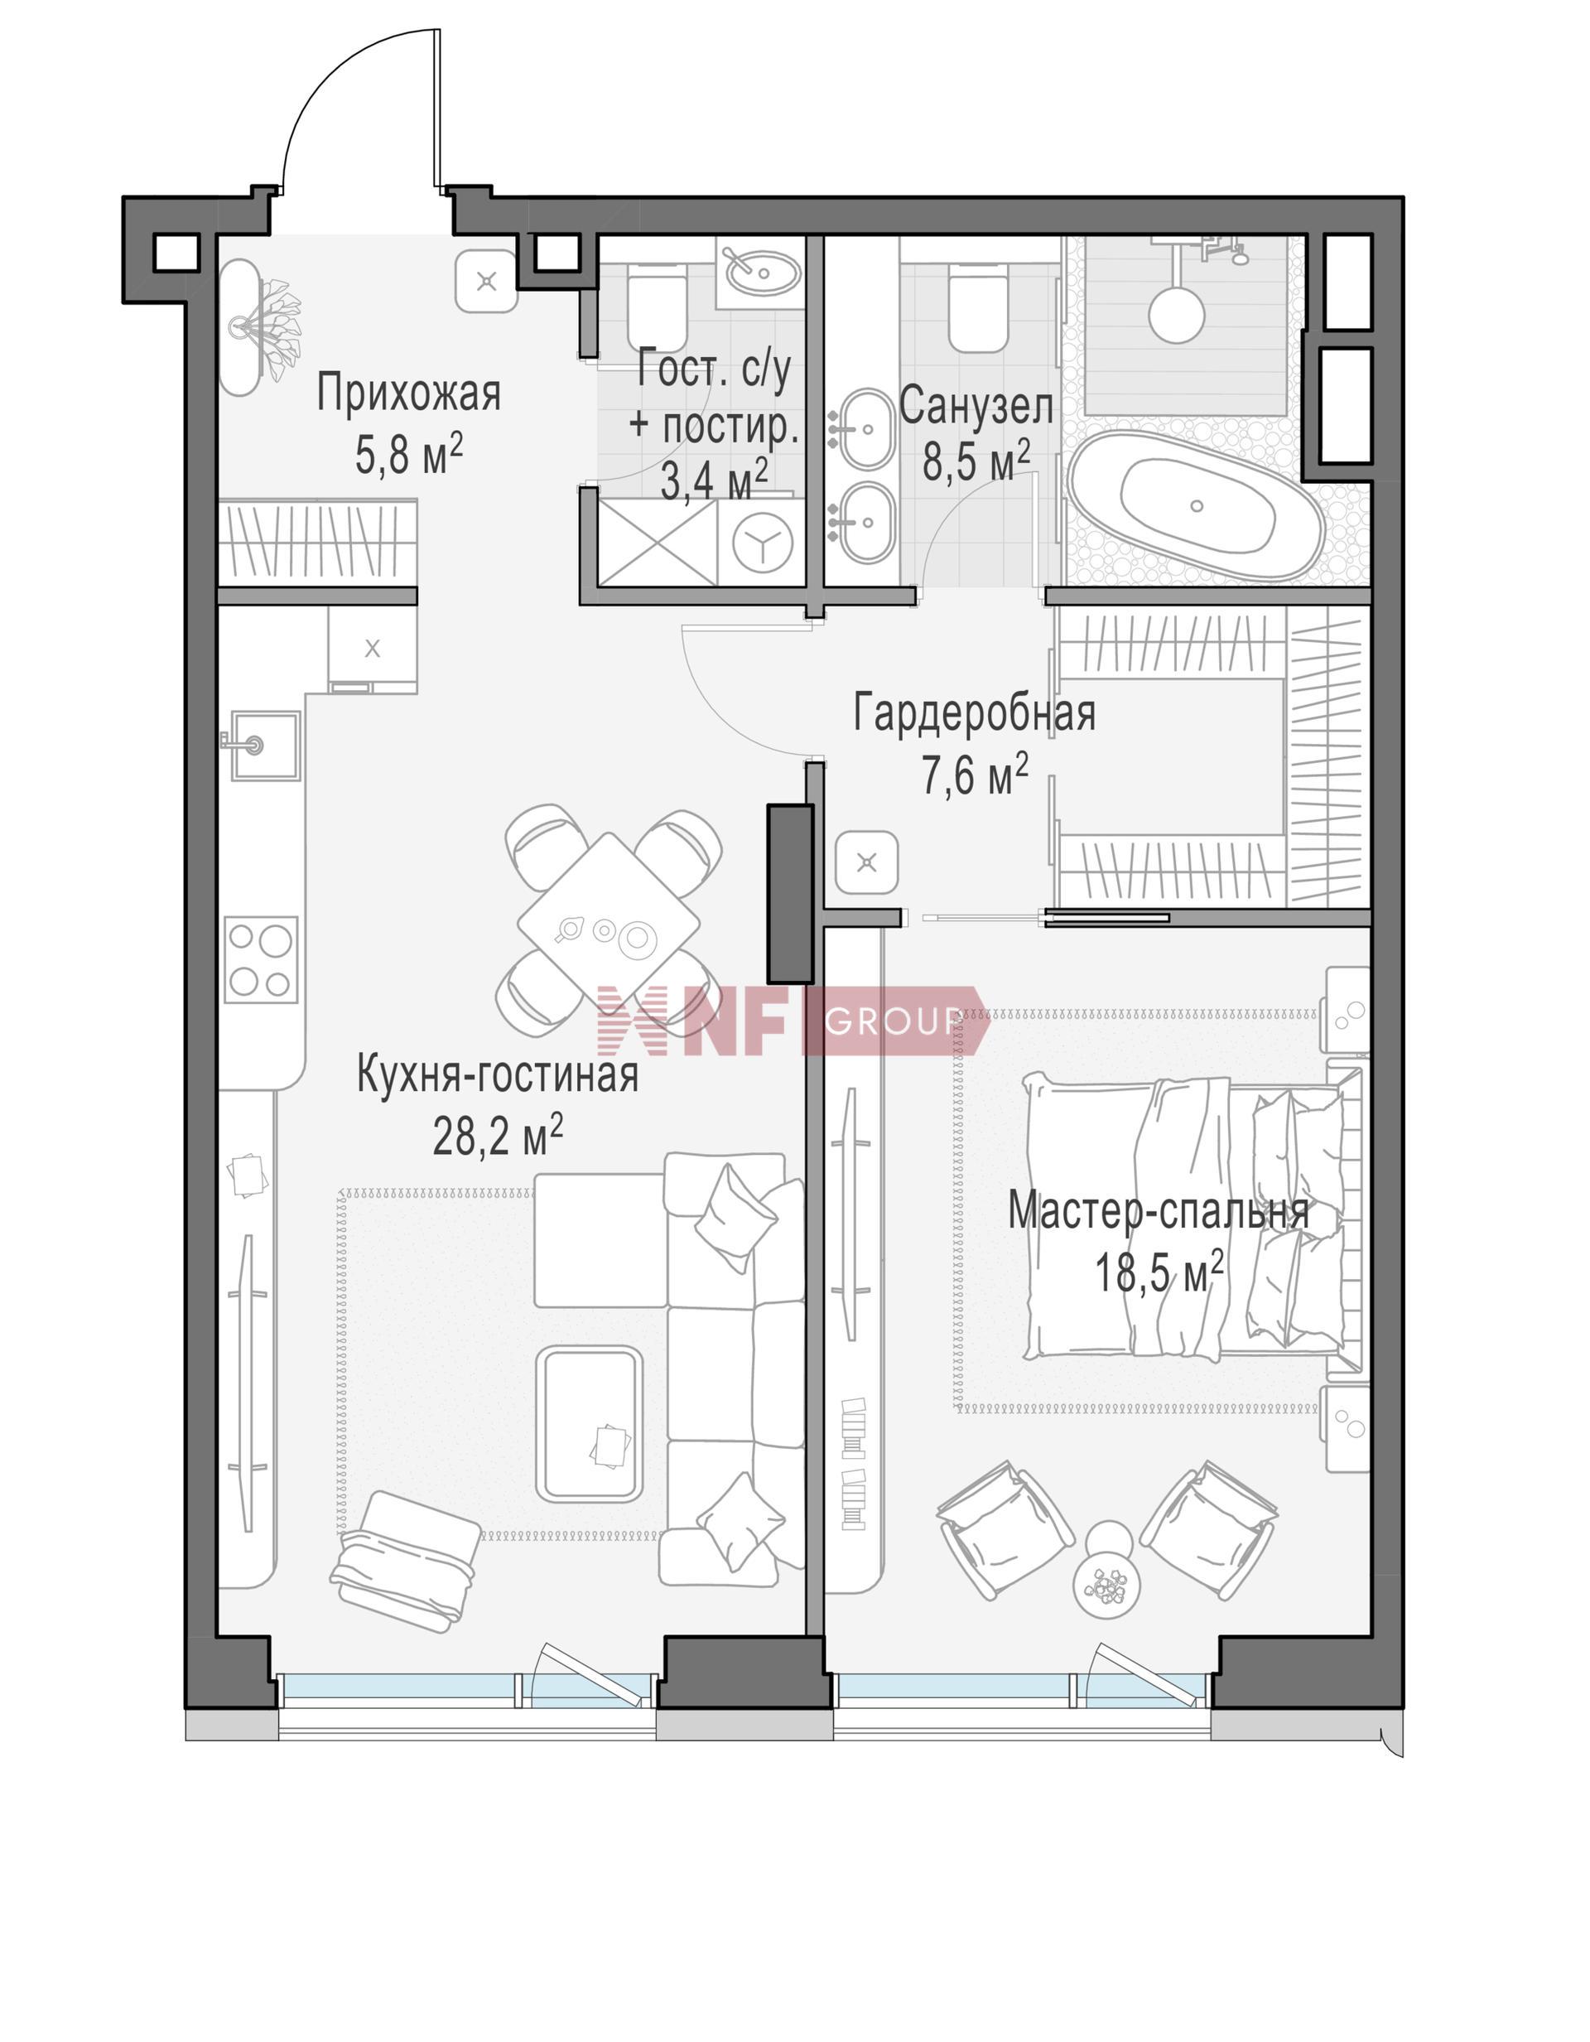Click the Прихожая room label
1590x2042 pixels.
[408, 393]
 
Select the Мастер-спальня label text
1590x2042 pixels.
[1159, 1213]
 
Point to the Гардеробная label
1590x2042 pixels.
[974, 712]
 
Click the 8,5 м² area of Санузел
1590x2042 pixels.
[977, 460]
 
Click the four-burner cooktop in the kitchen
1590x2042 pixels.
[261, 959]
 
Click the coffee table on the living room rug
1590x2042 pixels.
[589, 1424]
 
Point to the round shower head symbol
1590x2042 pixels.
[1176, 312]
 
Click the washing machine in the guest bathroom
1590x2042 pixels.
[762, 543]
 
